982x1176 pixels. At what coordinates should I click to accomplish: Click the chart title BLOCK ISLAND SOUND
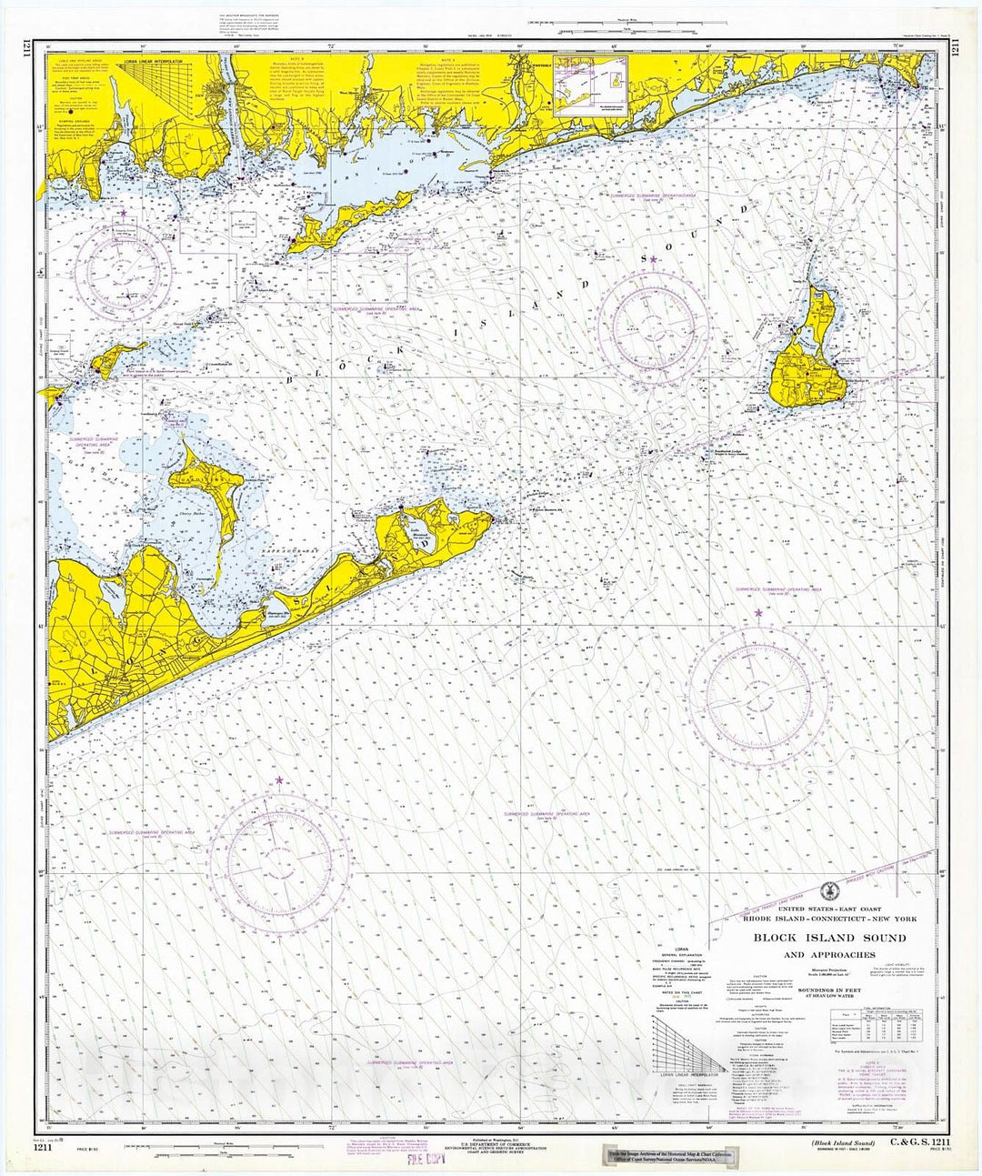coord(829,938)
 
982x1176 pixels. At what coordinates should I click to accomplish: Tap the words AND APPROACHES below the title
coord(829,955)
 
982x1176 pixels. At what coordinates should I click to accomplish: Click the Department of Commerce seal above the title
coord(825,891)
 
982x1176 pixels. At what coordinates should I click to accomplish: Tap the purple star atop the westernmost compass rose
coord(122,212)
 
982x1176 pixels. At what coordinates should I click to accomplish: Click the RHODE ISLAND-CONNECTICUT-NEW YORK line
coord(828,920)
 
